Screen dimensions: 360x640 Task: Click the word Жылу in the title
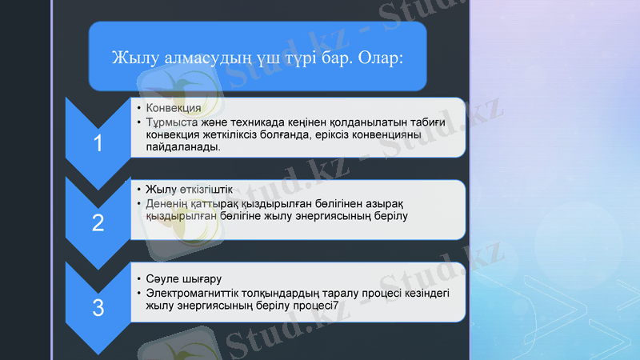click(132, 59)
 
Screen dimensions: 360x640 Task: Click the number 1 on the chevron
click(98, 144)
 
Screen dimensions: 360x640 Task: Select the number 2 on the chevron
click(98, 223)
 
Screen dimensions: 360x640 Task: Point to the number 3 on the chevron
click(98, 306)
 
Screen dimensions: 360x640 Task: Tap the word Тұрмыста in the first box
click(171, 122)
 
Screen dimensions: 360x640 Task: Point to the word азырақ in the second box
click(387, 203)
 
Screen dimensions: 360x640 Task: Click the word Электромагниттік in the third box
click(197, 293)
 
